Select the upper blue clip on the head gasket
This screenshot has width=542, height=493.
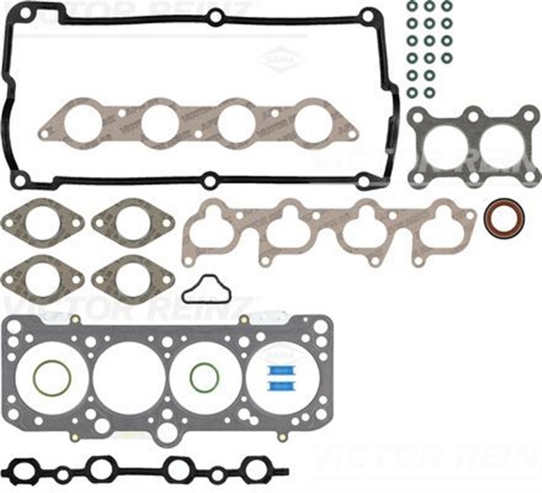pos(279,371)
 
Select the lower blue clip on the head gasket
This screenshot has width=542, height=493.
pos(279,386)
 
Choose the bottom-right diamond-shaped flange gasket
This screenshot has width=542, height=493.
pos(132,275)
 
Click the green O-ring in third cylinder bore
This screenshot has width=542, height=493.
pos(203,378)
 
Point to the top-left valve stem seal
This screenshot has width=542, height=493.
pos(412,7)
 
